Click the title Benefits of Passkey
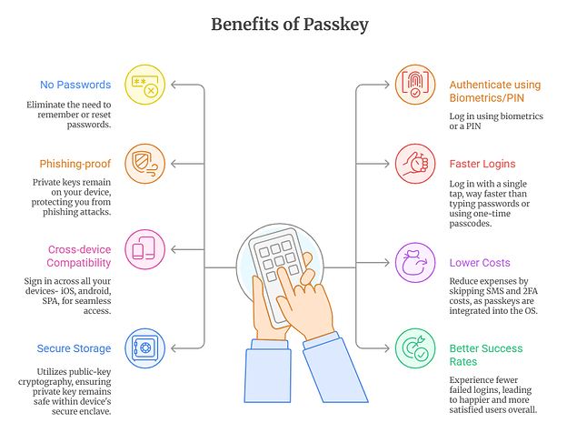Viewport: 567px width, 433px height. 290,25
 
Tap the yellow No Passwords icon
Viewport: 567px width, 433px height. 145,85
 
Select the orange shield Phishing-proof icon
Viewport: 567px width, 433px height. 145,164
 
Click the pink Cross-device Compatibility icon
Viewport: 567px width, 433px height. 145,249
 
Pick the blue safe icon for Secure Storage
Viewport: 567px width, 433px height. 145,348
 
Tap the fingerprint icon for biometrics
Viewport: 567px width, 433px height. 415,85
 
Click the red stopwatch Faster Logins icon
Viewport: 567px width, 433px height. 415,164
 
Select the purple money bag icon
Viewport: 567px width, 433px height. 415,263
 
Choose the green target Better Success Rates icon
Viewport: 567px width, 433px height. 415,348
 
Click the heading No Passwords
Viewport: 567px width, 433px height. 75,85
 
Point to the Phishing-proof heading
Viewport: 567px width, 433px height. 75,164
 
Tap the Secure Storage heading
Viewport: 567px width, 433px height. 74,348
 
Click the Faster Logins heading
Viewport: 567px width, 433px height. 482,164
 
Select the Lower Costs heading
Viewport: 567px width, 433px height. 480,263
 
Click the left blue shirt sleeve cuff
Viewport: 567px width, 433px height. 270,345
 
